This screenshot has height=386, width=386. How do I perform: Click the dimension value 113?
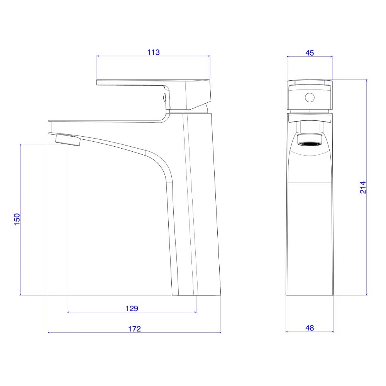(x=153, y=52)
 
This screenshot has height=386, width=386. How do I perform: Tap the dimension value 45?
(x=310, y=53)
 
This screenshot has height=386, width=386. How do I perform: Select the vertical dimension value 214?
(x=363, y=187)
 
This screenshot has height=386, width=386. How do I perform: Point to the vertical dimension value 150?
(x=17, y=219)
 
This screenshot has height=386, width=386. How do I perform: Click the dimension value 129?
(x=132, y=308)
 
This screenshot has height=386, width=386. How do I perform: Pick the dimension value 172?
(x=134, y=329)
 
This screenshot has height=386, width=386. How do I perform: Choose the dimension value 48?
(x=310, y=328)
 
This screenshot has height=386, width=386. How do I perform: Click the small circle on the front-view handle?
(x=310, y=97)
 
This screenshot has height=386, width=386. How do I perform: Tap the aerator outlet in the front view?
(x=310, y=144)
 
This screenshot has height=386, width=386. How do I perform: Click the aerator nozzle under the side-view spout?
(x=68, y=141)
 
